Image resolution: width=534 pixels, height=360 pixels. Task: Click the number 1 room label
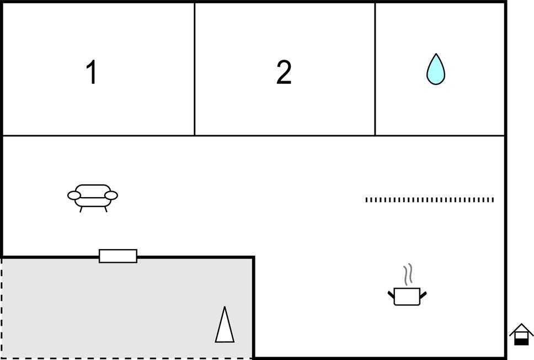[92, 72]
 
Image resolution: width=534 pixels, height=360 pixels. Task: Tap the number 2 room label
[284, 72]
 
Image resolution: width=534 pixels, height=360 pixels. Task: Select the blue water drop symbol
[436, 70]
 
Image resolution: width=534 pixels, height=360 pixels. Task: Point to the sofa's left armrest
[73, 195]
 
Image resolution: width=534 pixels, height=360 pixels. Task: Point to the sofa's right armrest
[111, 195]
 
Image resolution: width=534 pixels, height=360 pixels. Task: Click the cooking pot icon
[407, 295]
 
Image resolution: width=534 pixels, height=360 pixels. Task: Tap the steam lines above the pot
[408, 275]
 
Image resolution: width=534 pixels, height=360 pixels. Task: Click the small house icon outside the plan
[521, 335]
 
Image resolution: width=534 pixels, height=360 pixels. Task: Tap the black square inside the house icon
[521, 342]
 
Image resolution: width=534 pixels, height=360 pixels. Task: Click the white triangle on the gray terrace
[225, 327]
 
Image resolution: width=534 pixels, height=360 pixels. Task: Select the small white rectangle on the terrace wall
[118, 256]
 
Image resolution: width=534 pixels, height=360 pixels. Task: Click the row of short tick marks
[429, 200]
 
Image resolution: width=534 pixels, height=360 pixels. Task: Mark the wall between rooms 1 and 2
[195, 69]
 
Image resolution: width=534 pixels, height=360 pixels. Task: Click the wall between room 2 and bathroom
[375, 69]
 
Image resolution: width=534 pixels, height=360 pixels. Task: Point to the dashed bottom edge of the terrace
[127, 358]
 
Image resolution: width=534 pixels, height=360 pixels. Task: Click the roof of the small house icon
[521, 329]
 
